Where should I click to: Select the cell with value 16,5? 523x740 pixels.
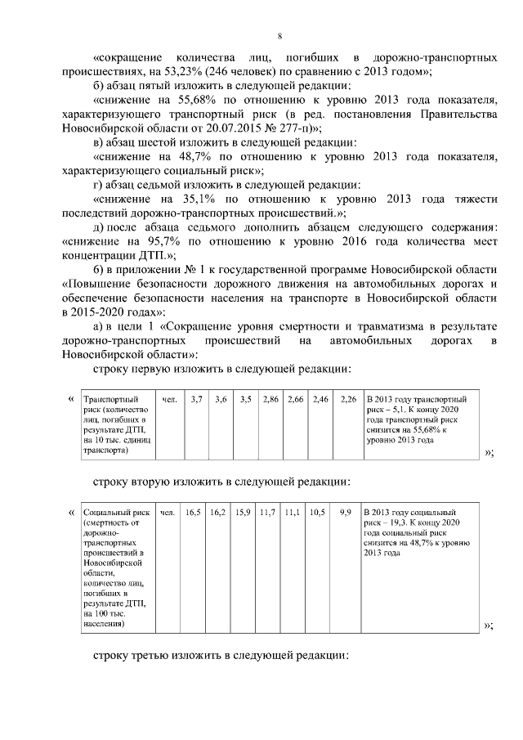tap(194, 513)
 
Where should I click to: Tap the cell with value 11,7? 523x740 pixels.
tap(268, 513)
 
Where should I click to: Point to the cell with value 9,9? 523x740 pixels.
tap(346, 513)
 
